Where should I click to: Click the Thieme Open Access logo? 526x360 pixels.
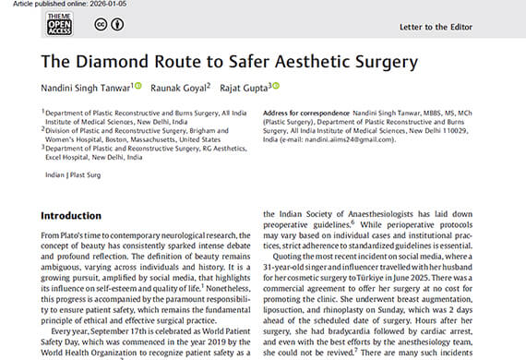click(57, 25)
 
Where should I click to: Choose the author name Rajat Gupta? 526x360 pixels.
click(244, 89)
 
